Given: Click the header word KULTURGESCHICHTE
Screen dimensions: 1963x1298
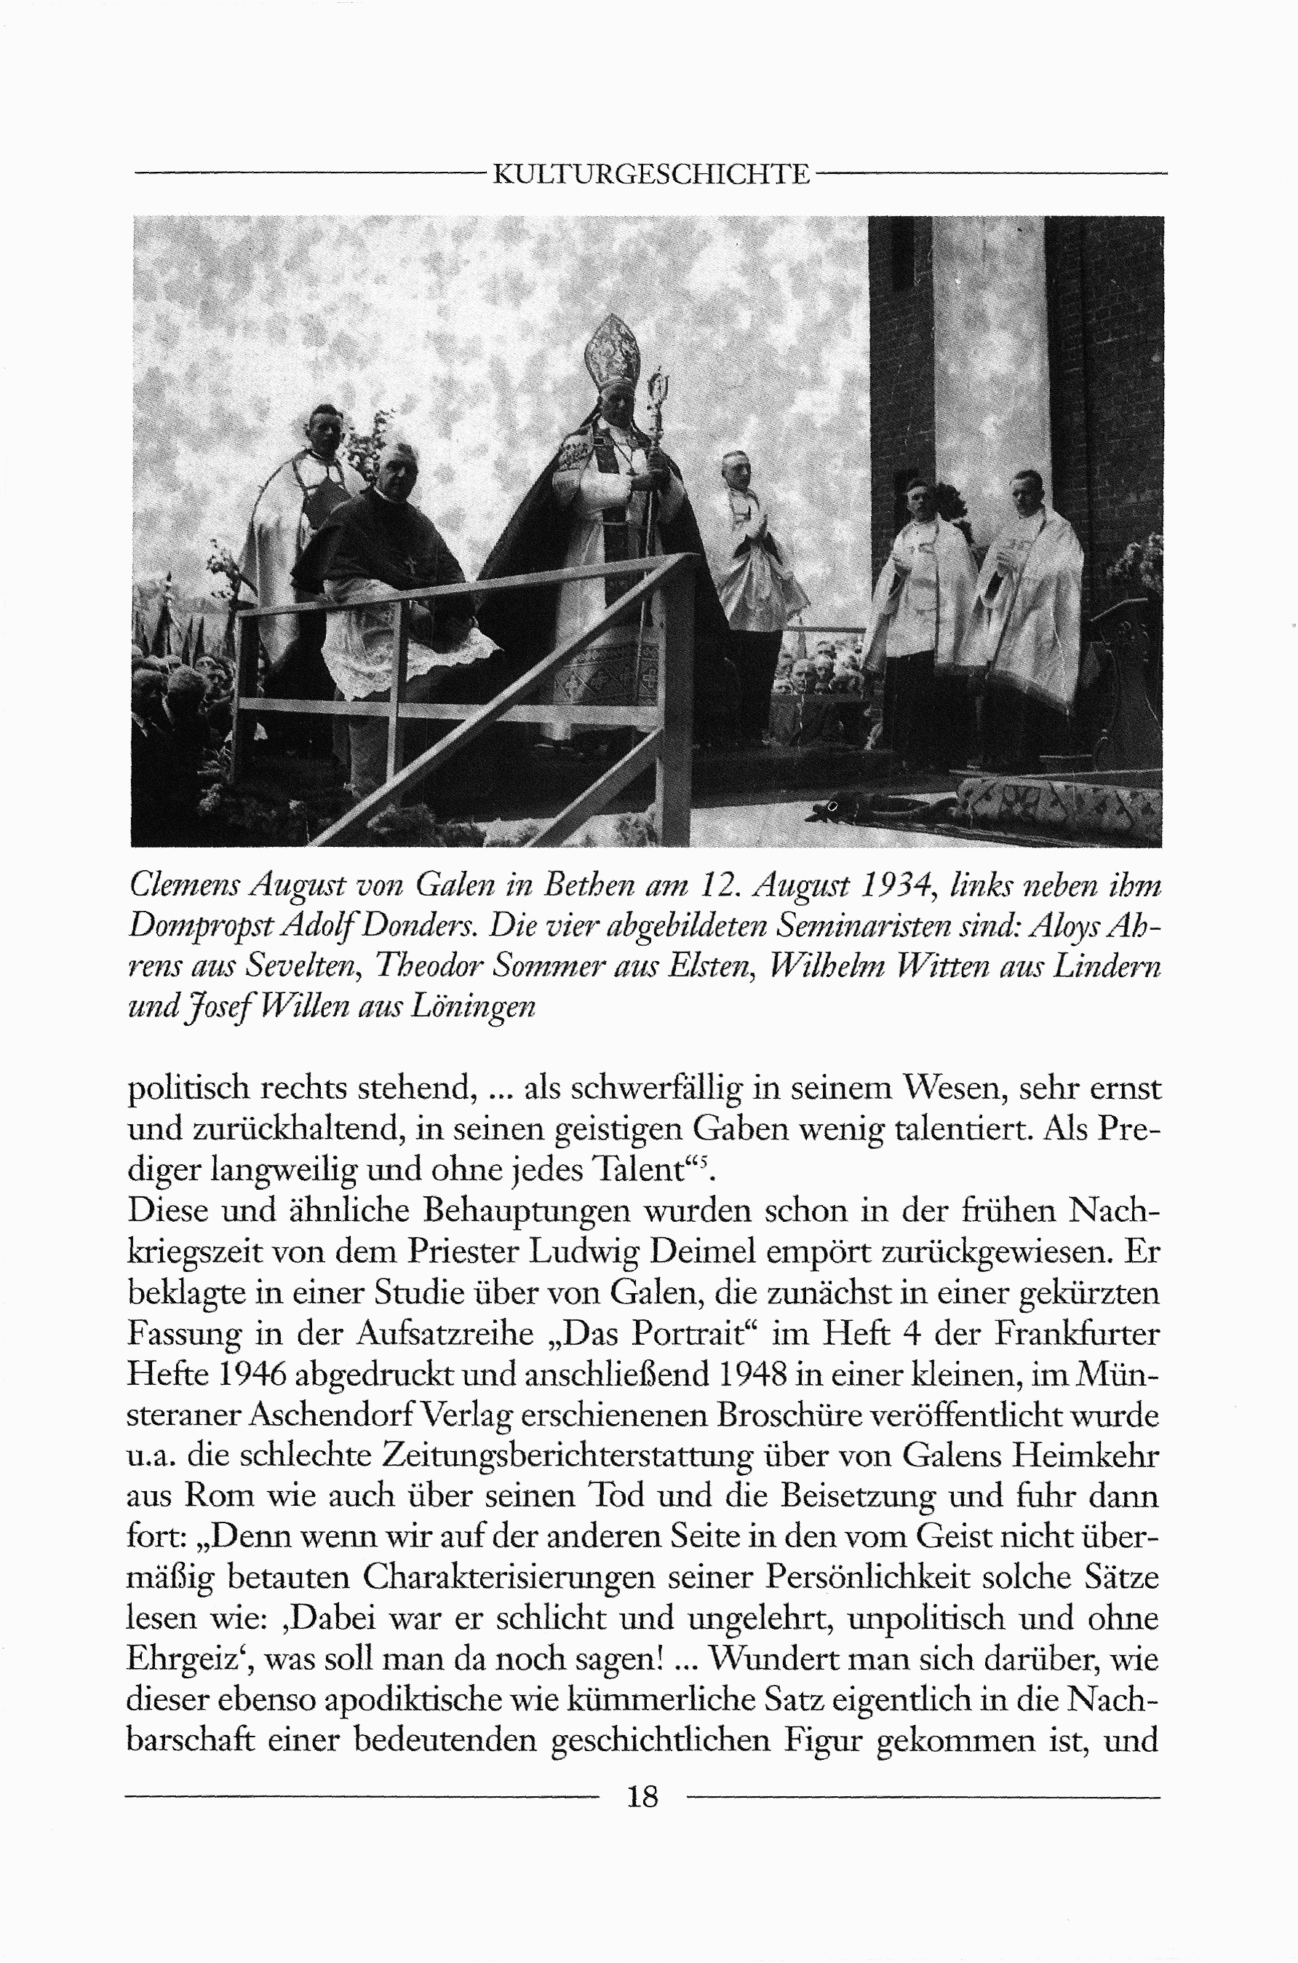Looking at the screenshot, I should [650, 174].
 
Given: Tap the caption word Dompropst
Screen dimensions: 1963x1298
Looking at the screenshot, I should [203, 927].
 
